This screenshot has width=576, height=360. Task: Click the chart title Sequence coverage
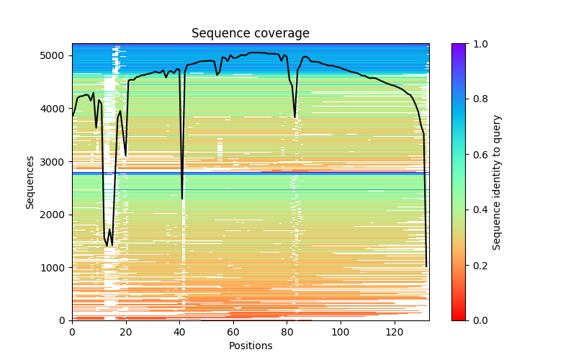[250, 34]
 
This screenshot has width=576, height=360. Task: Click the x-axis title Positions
[250, 346]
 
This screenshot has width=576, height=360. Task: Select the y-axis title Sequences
[30, 181]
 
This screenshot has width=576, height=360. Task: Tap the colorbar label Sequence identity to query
[497, 181]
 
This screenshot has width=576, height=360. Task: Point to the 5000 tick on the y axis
[56, 55]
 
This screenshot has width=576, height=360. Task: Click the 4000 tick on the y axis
[56, 109]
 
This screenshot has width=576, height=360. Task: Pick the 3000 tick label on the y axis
[56, 162]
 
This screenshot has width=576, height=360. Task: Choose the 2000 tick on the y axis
[56, 215]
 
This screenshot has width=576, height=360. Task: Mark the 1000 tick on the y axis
[56, 268]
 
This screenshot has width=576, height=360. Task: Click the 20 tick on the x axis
[126, 332]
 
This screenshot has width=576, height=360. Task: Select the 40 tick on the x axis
[179, 332]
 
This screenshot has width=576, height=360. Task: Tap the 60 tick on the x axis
[233, 332]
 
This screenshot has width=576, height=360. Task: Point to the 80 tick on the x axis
[287, 332]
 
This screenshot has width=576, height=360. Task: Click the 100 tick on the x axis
[341, 332]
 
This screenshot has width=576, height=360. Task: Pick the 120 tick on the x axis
[394, 332]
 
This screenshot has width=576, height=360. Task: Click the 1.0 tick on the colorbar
[475, 44]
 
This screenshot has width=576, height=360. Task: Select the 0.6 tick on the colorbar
[475, 155]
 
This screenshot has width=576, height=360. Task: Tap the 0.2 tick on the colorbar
[475, 265]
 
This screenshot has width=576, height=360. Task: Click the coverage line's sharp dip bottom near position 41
[182, 199]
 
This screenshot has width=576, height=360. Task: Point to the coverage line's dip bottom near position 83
[294, 117]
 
